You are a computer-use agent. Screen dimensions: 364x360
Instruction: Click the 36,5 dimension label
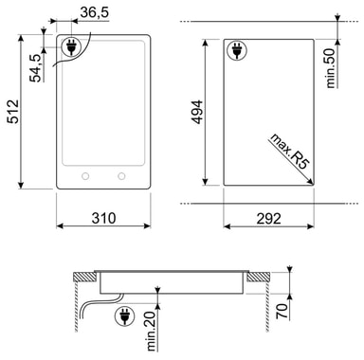[x=95, y=13]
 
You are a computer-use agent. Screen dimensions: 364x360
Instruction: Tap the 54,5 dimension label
[x=36, y=68]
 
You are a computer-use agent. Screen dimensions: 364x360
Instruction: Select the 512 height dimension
[x=13, y=112]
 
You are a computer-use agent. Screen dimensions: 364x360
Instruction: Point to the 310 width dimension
[x=103, y=218]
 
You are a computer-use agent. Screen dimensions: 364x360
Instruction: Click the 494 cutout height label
[x=197, y=112]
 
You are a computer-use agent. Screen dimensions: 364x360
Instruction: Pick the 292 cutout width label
[x=268, y=219]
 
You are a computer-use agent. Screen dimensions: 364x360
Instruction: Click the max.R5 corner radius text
[x=289, y=152]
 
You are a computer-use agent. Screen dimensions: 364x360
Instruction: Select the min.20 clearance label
[x=152, y=332]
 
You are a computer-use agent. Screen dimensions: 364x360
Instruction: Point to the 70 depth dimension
[x=282, y=311]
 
